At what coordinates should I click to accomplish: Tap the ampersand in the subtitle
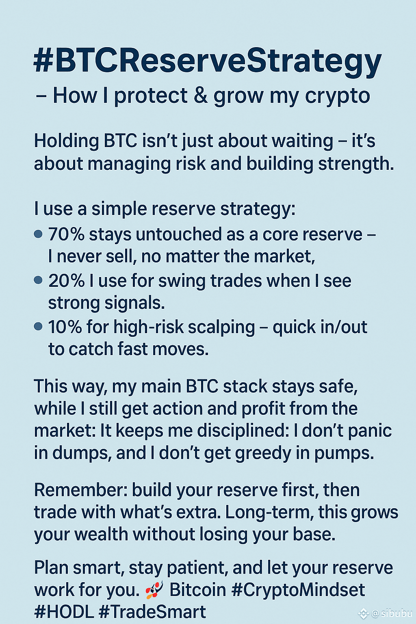201,95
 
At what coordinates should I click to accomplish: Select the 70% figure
66,234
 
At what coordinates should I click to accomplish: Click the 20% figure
66,280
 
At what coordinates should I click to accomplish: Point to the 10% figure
65,327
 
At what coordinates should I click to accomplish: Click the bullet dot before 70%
38,234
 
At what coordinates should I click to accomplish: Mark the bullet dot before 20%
38,280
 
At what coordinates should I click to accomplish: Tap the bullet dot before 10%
38,326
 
